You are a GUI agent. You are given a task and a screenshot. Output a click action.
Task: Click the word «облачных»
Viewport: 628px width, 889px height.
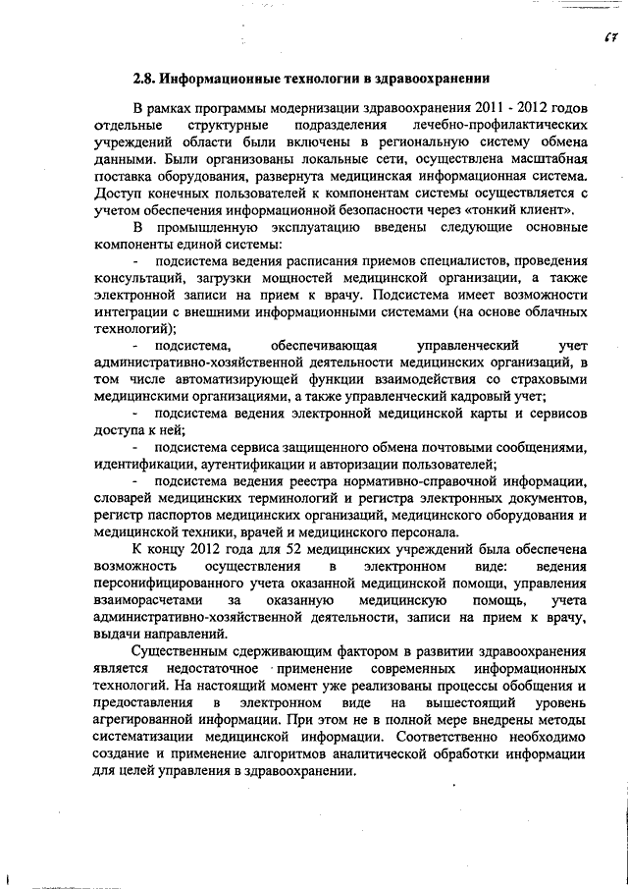(x=550, y=311)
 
